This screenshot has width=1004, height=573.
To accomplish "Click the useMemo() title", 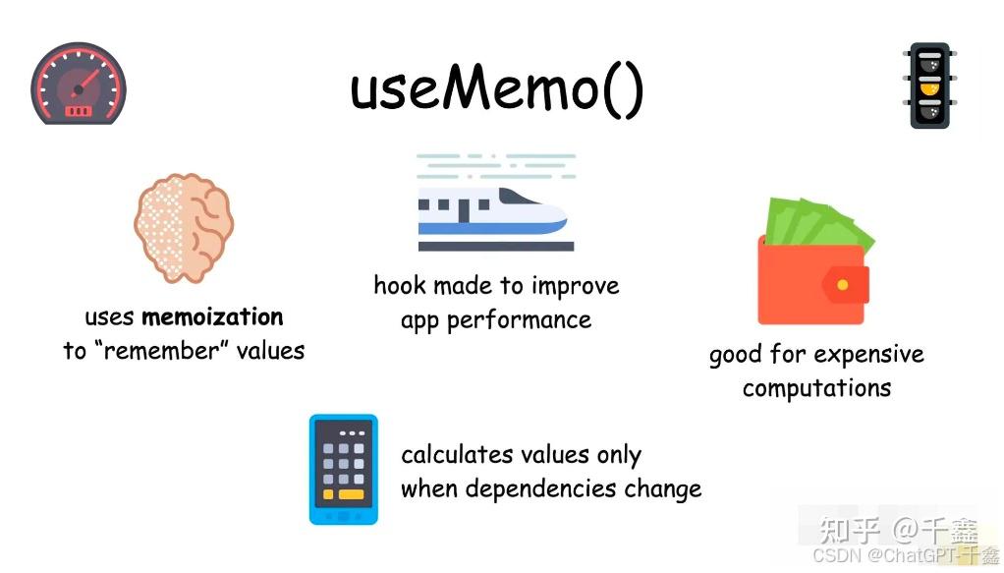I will click(497, 88).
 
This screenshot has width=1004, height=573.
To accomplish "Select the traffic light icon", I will click(929, 86).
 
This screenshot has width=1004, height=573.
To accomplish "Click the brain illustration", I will click(184, 228).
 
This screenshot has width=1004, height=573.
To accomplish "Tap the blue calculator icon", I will click(343, 469).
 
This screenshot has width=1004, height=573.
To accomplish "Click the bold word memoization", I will click(212, 317).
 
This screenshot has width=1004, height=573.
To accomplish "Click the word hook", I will click(400, 286).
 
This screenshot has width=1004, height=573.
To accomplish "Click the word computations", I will click(816, 388).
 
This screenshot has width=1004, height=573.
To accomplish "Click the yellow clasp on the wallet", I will click(842, 285).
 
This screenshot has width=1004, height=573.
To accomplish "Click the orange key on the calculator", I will click(351, 494).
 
